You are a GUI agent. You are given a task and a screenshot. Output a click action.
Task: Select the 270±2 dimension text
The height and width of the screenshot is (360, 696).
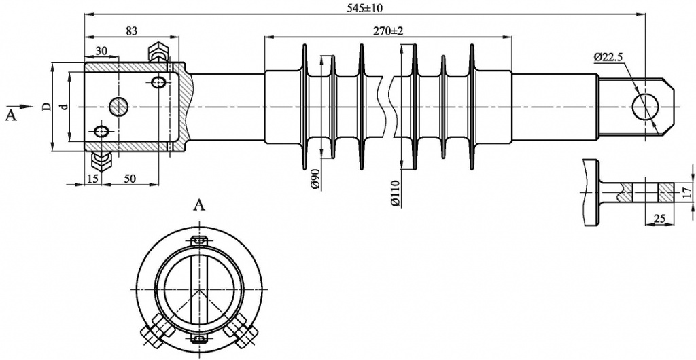(x=388, y=31)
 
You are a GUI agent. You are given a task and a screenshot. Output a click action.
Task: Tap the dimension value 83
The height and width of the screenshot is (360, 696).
(x=132, y=31)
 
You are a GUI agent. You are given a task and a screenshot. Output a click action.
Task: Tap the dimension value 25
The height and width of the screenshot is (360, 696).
(x=657, y=218)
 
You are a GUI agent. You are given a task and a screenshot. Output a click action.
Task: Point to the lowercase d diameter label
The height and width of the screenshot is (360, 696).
(x=63, y=107)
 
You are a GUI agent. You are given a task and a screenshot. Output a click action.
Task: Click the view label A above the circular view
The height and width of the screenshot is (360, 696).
(x=199, y=204)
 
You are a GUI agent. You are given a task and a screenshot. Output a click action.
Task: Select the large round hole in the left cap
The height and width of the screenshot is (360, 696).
(x=118, y=106)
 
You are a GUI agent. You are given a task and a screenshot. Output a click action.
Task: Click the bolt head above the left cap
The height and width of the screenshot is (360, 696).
(x=159, y=51)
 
